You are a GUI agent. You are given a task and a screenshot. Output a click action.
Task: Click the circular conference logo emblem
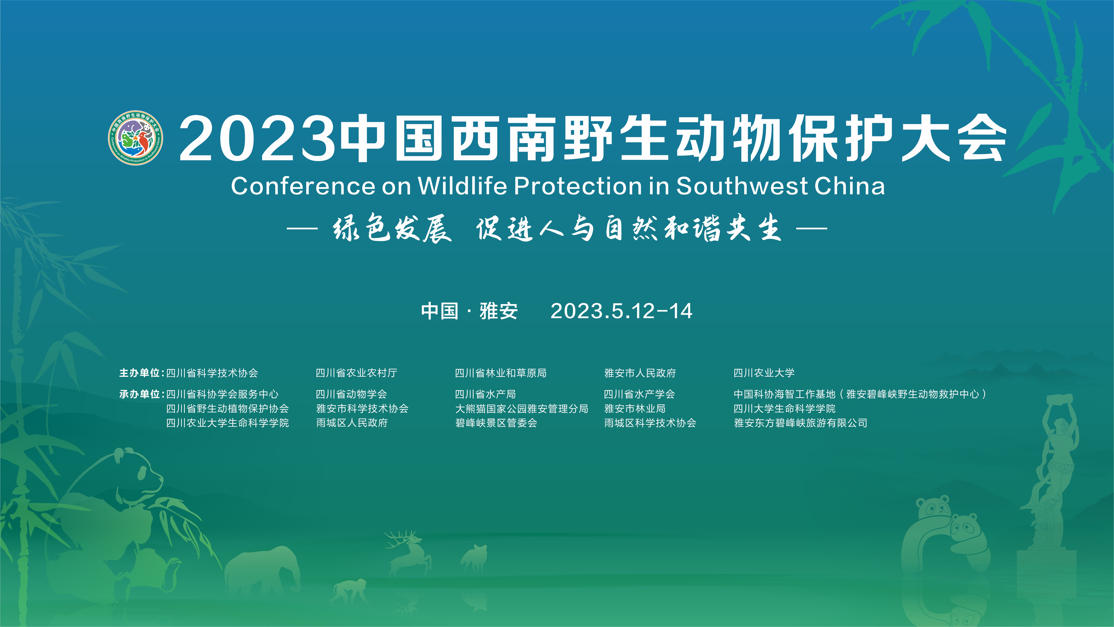click(135, 138)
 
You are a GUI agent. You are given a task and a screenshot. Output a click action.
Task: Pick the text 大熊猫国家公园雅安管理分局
click(522, 408)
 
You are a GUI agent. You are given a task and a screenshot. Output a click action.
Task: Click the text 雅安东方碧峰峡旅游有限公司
click(800, 423)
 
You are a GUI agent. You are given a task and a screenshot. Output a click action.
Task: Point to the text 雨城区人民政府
click(352, 423)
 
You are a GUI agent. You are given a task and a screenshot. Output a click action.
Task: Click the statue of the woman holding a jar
click(1050, 476)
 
